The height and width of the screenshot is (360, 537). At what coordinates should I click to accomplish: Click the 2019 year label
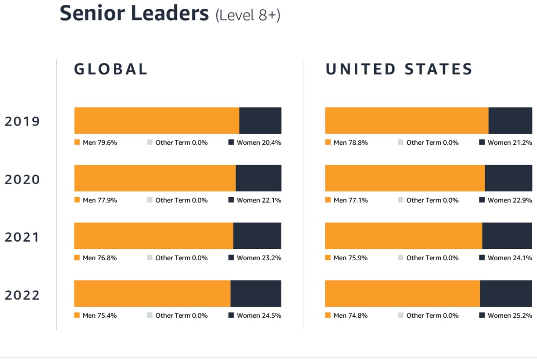pyautogui.click(x=22, y=121)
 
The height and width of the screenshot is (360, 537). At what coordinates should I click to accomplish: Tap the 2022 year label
pyautogui.click(x=22, y=295)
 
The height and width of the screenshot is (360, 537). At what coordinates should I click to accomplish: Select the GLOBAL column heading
pyautogui.click(x=111, y=69)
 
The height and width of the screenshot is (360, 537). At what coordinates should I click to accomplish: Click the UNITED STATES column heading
pyautogui.click(x=399, y=69)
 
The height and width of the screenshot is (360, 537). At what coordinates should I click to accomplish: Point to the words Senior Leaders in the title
pyautogui.click(x=134, y=14)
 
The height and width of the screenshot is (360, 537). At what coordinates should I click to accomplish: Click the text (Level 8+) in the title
pyautogui.click(x=248, y=15)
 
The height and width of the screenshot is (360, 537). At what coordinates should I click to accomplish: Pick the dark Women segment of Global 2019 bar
pyautogui.click(x=260, y=121)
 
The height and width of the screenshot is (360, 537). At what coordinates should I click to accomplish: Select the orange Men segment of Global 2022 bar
pyautogui.click(x=152, y=294)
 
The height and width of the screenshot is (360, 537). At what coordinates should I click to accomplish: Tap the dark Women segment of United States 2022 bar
pyautogui.click(x=505, y=294)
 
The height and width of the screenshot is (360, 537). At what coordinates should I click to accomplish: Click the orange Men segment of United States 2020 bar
pyautogui.click(x=405, y=178)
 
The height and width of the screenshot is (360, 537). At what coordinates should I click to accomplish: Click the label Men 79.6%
pyautogui.click(x=100, y=142)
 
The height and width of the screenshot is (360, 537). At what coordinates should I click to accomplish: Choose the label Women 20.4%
pyautogui.click(x=259, y=142)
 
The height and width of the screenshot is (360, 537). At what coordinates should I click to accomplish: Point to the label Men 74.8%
pyautogui.click(x=350, y=315)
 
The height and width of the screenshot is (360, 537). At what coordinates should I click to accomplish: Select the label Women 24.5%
pyautogui.click(x=259, y=315)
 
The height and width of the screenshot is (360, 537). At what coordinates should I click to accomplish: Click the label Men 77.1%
pyautogui.click(x=350, y=200)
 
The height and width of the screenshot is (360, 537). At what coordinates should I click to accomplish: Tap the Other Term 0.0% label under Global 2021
pyautogui.click(x=181, y=258)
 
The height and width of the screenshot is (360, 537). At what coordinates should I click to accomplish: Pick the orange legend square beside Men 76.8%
pyautogui.click(x=77, y=258)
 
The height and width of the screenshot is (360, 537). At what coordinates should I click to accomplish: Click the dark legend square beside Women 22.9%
pyautogui.click(x=482, y=200)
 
